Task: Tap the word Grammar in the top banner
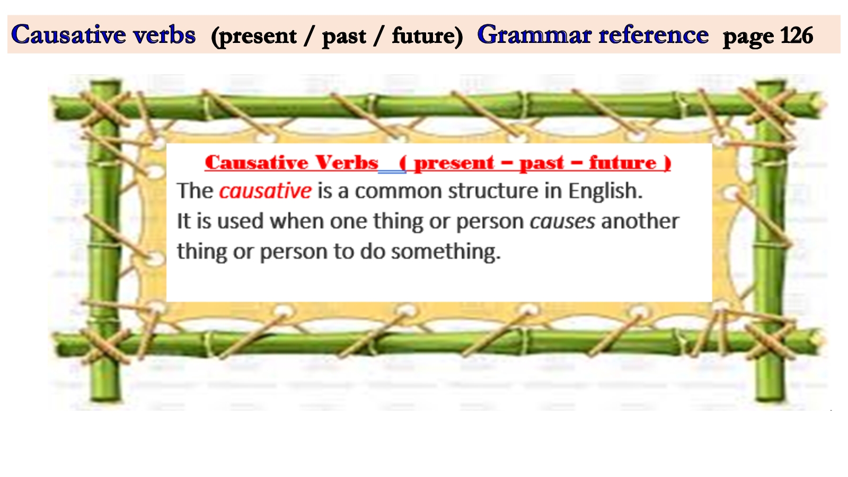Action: pos(534,35)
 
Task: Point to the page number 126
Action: pos(797,36)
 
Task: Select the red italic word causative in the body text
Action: pos(266,191)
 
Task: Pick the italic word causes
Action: pos(562,221)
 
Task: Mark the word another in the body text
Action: pos(640,221)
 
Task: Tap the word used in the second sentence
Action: pos(240,221)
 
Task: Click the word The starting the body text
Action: pos(195,191)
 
